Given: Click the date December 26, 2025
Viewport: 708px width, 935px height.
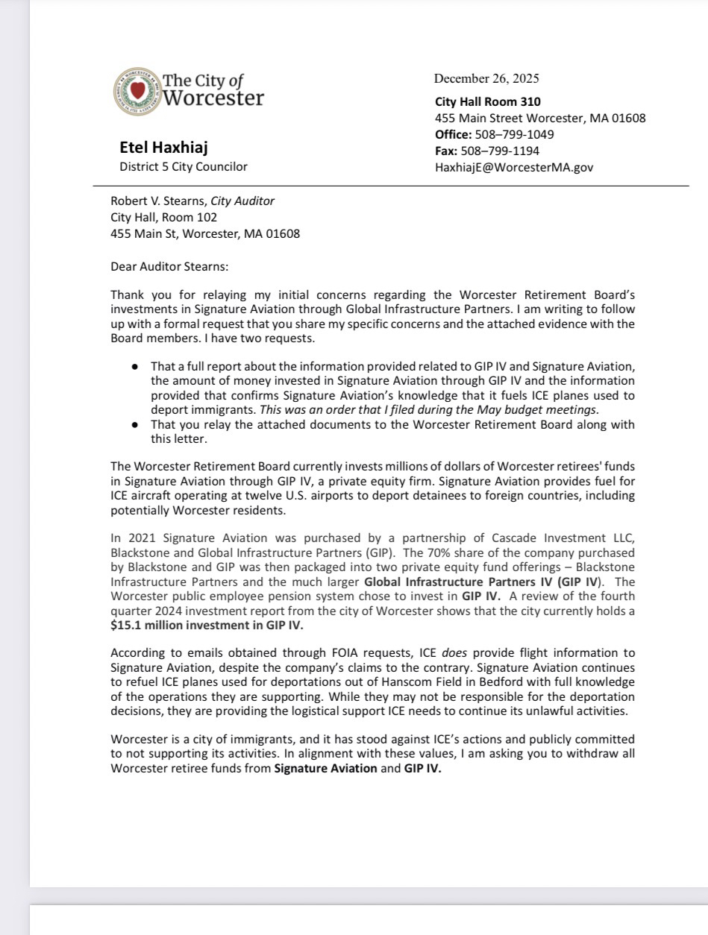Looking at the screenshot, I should pos(486,79).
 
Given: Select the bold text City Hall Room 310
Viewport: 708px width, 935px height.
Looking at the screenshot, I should pos(488,101).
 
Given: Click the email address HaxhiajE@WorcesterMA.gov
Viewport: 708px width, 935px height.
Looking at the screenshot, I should pos(514,167).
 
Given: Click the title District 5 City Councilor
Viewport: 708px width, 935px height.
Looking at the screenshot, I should pos(184,166).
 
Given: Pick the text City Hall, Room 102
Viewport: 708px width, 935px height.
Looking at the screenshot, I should pos(163,217).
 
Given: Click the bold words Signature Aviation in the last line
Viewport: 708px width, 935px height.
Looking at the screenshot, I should pos(325,769).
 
